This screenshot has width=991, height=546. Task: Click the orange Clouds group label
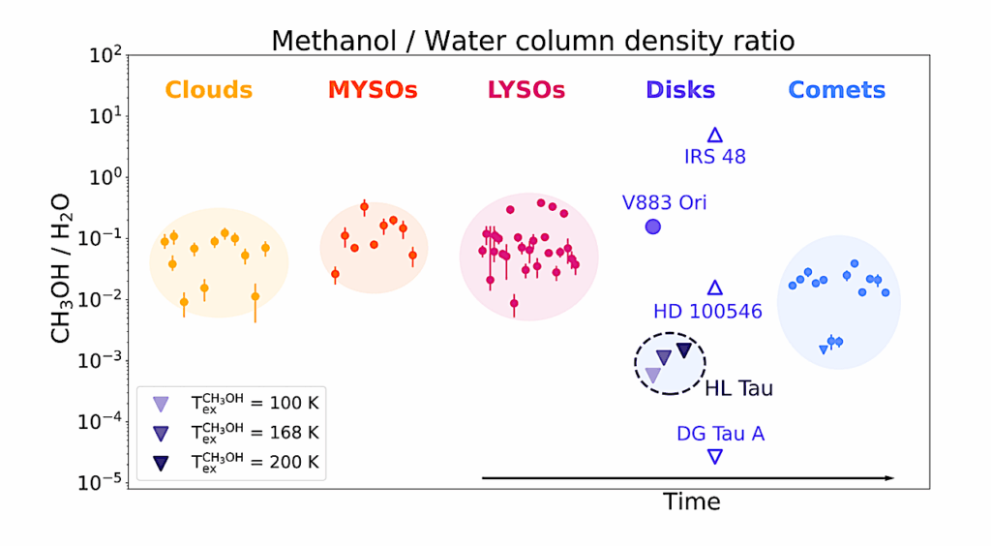[x=208, y=90]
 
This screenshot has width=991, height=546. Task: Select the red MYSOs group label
[x=373, y=90]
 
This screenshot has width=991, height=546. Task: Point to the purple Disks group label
[x=680, y=90]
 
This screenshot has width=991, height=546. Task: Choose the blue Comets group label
[x=836, y=90]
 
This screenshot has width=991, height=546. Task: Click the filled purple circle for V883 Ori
[x=653, y=227]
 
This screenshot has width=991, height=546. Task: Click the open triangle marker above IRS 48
[x=715, y=136]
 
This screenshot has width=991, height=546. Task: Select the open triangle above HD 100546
[x=715, y=288]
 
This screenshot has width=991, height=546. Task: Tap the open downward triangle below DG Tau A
[x=714, y=456]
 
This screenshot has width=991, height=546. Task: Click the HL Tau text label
[x=738, y=389]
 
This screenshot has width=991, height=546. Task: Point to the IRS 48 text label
[x=714, y=157]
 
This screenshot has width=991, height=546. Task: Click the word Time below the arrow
[x=691, y=501]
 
